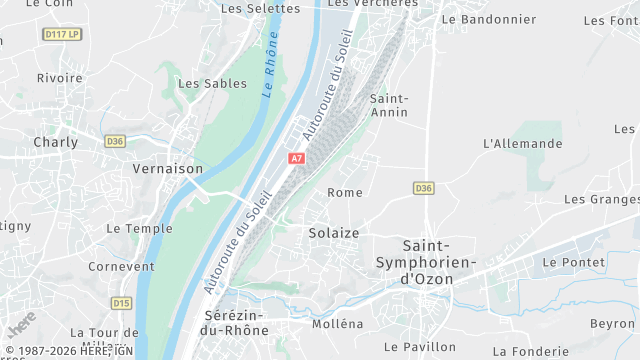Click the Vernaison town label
pyautogui.click(x=168, y=169)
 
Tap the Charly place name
pyautogui.click(x=56, y=142)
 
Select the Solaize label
pyautogui.click(x=334, y=233)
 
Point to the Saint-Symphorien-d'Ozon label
pyautogui.click(x=427, y=262)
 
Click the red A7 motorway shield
pyautogui.click(x=296, y=158)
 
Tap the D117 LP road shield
pyautogui.click(x=62, y=34)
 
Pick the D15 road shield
pyautogui.click(x=122, y=303)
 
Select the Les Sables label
pyautogui.click(x=212, y=84)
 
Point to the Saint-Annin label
pyautogui.click(x=389, y=105)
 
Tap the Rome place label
pyautogui.click(x=345, y=193)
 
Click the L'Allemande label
pyautogui.click(x=522, y=144)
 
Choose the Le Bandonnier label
pyautogui.click(x=488, y=19)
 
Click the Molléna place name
pyautogui.click(x=338, y=324)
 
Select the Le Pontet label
pyautogui.click(x=574, y=262)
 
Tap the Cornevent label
pyautogui.click(x=121, y=267)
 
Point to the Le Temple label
pyautogui.click(x=139, y=229)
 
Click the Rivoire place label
pyautogui.click(x=60, y=78)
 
